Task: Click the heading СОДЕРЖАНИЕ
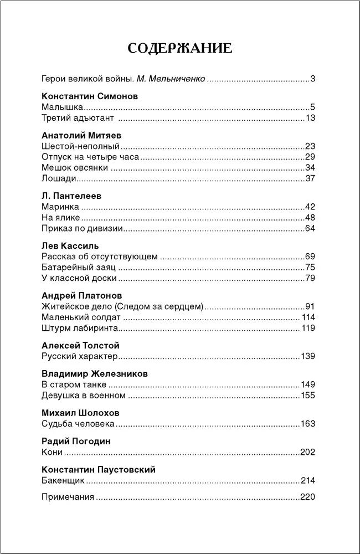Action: click(180, 48)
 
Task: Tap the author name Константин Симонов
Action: click(90, 96)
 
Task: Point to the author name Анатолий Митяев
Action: click(81, 135)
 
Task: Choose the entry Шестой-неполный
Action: click(81, 146)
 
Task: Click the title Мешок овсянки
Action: click(75, 168)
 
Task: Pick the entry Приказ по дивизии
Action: click(82, 228)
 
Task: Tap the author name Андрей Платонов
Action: click(82, 295)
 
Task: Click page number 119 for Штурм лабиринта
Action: click(308, 328)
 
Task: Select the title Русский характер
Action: click(80, 356)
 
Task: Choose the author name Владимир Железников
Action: click(95, 373)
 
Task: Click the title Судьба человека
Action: click(78, 424)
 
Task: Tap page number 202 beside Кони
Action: click(307, 452)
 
